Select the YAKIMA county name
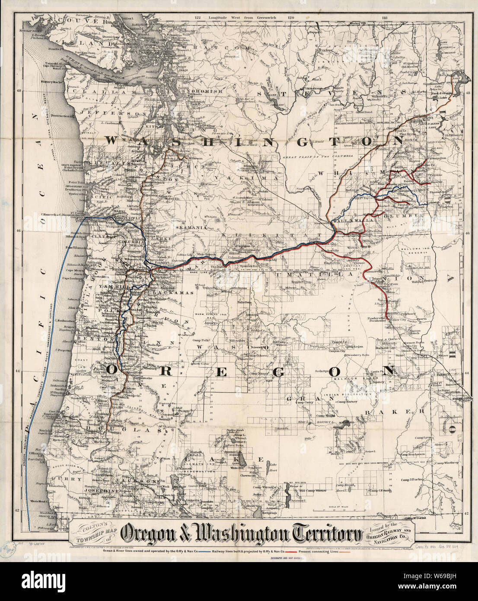click(251, 178)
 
